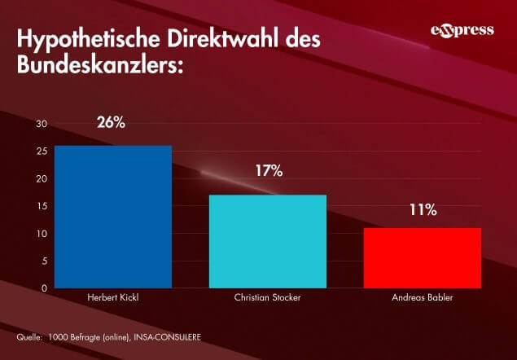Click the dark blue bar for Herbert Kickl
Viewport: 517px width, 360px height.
point(113,216)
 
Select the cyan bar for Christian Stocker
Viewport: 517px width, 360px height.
point(268,241)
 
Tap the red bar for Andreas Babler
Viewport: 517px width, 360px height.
point(423,257)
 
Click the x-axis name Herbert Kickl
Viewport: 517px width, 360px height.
point(112,297)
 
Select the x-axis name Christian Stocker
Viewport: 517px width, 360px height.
point(268,297)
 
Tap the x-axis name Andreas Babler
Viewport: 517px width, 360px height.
point(423,297)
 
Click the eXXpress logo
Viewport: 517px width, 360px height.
point(462,32)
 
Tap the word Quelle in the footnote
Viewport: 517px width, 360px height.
point(28,336)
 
